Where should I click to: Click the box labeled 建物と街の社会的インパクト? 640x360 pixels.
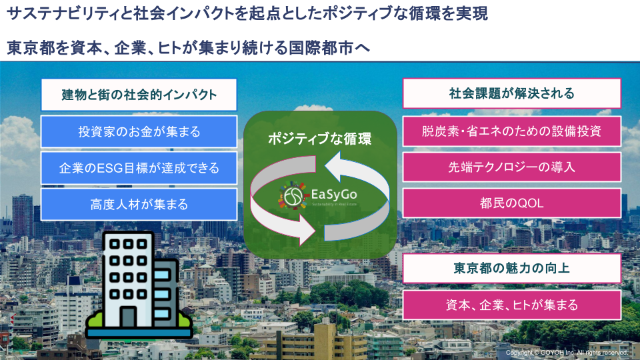click(139, 95)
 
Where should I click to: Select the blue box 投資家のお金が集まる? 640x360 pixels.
click(139, 131)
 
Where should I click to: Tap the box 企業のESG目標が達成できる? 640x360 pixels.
click(139, 168)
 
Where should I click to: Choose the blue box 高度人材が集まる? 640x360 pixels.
click(139, 204)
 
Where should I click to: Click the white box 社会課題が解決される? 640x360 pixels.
click(512, 93)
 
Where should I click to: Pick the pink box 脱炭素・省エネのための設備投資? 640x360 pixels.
click(512, 131)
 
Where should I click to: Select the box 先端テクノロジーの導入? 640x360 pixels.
click(512, 167)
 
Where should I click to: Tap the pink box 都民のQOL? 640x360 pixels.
click(512, 203)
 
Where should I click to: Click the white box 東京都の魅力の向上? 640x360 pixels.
click(512, 268)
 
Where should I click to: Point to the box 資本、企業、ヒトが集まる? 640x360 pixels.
click(512, 305)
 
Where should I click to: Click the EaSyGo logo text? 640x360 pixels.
click(334, 194)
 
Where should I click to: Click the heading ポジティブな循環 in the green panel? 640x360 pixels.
click(319, 139)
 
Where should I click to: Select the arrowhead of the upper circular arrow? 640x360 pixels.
click(333, 167)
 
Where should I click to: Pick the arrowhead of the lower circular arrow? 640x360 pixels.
click(307, 229)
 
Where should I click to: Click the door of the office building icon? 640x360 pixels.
click(128, 317)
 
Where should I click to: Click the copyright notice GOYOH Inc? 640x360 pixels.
click(567, 352)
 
